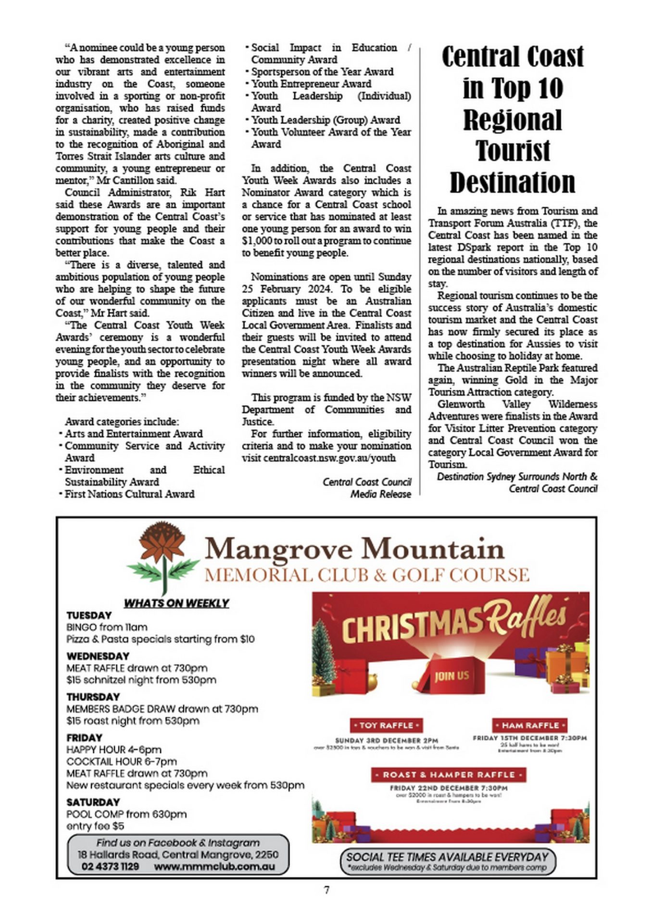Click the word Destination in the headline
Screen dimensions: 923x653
coord(512,183)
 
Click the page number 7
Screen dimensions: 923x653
coord(326,890)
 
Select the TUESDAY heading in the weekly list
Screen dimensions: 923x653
coord(89,615)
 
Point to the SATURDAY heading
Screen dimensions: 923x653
coord(93,802)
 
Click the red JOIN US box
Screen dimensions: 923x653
coord(452,676)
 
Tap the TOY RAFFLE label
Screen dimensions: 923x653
coord(386,725)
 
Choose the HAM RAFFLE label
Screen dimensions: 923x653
coord(530,725)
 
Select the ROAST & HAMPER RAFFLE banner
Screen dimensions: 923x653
coord(448,775)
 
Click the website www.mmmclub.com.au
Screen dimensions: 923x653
coord(214,866)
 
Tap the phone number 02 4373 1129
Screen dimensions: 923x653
coord(110,866)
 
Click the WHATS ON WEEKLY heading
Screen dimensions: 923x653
coord(176,603)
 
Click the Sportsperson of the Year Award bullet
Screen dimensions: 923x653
coord(322,72)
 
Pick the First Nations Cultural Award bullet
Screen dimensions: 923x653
coord(129,494)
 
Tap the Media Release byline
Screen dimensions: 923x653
coord(380,494)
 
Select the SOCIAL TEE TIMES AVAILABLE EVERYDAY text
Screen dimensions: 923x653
coord(447,857)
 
